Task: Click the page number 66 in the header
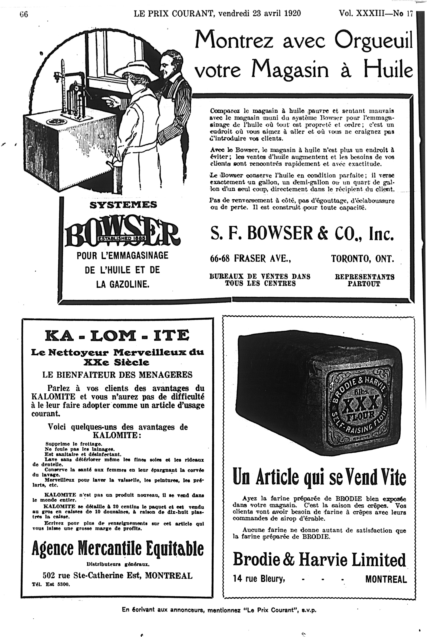24,14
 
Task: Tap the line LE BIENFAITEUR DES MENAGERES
117,375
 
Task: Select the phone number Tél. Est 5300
51,584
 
